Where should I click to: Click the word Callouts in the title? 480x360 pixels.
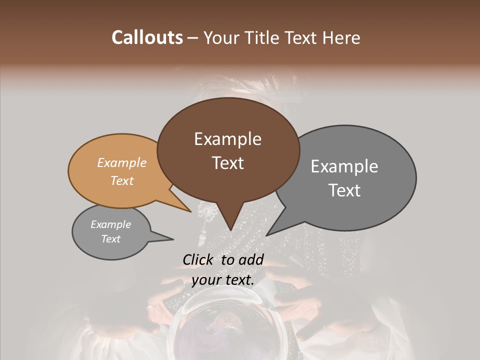point(147,37)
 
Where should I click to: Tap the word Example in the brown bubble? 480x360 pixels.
point(227,139)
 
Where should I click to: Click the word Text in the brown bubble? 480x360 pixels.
point(227,163)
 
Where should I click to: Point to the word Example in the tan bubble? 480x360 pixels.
point(122,162)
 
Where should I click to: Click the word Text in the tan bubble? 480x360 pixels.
point(122,180)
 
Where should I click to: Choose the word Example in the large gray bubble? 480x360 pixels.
point(344,166)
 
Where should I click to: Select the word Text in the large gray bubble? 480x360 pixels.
point(344,190)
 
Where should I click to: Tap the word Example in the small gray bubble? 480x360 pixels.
point(111,224)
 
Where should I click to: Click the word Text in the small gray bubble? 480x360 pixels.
point(111,238)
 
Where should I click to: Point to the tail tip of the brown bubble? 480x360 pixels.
point(230,229)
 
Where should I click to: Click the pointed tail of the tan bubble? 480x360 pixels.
point(190,211)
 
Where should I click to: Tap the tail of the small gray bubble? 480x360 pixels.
point(172,239)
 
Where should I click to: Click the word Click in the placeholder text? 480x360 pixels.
point(198,259)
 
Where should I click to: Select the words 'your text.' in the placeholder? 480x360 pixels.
point(223,280)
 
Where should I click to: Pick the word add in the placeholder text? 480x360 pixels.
point(252,259)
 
